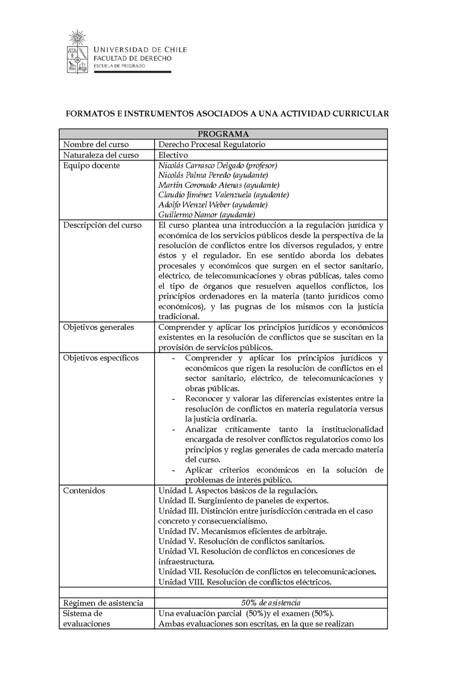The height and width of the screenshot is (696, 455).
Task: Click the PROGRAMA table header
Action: click(x=224, y=134)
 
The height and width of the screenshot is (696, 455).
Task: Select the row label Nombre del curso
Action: click(x=96, y=144)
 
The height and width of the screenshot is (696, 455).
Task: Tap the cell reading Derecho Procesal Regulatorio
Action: click(x=212, y=144)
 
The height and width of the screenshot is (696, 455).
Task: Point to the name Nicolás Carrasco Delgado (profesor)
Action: click(x=217, y=165)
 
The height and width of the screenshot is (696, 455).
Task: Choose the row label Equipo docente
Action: click(x=92, y=165)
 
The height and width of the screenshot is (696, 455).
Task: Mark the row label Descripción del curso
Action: click(x=102, y=225)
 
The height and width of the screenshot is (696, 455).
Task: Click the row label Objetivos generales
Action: click(x=98, y=328)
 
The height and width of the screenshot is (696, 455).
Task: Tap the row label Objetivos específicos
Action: click(x=101, y=358)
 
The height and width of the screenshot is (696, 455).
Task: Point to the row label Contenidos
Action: click(x=84, y=490)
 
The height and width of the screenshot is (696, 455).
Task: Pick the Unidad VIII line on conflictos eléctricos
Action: click(x=245, y=582)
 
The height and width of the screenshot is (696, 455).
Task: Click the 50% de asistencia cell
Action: click(x=271, y=603)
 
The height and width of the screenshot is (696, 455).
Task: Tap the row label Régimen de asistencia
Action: click(x=103, y=603)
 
